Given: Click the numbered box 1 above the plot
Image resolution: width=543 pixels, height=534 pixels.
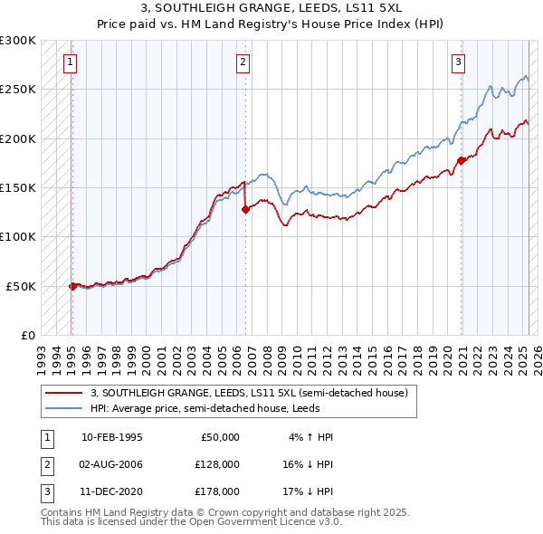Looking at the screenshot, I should pos(70,62).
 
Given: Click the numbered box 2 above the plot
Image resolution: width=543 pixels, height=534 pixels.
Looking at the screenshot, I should pos(243,62).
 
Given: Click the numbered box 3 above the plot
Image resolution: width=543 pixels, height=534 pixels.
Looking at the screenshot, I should pos(459,62).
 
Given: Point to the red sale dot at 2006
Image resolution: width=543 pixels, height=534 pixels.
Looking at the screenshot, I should pos(245,209).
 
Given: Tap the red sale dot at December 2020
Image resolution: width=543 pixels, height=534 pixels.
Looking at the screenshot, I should pos(461,160).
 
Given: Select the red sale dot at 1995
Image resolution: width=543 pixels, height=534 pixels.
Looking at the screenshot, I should pos(72,286).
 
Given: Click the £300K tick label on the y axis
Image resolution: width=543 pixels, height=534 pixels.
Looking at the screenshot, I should pos(18,41).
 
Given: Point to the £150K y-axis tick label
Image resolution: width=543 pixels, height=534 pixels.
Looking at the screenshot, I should pos(18,188).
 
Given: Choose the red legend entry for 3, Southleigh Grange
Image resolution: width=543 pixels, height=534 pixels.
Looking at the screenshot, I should pos(250,393).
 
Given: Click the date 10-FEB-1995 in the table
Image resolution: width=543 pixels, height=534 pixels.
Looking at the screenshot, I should pos(112,437).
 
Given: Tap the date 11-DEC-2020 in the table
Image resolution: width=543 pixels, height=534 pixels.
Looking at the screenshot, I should pos(112,491).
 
